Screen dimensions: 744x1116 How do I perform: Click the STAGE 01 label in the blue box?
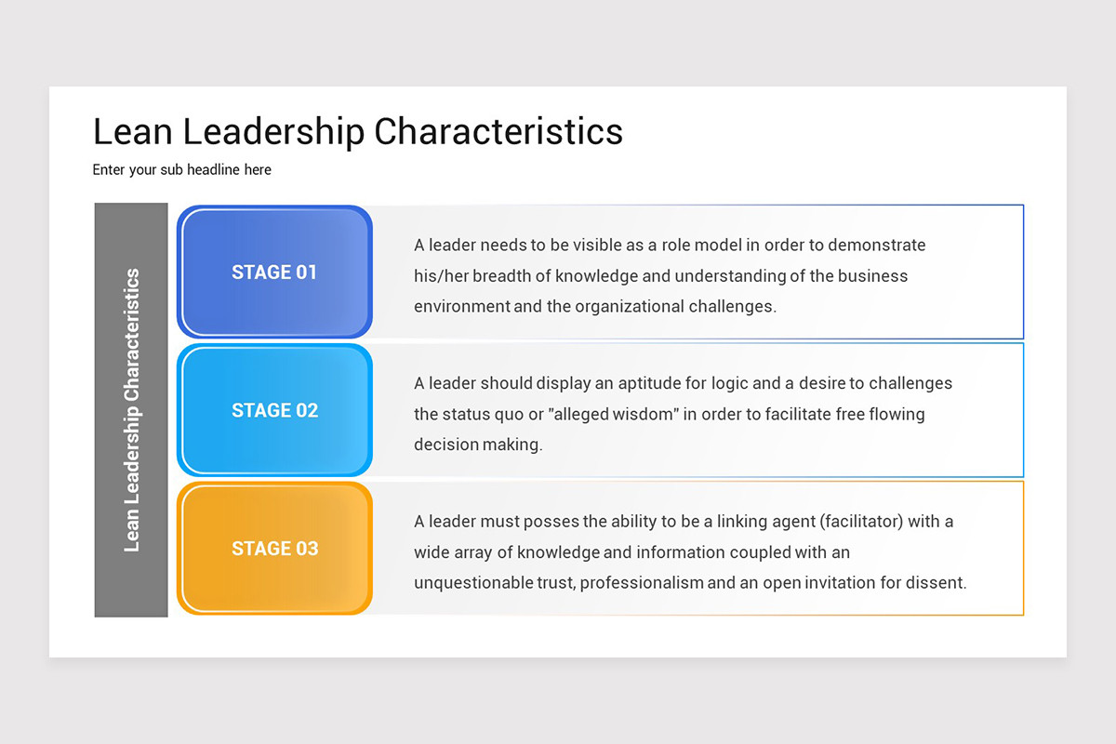pos(274,272)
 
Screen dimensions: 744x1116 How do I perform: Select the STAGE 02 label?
pos(274,410)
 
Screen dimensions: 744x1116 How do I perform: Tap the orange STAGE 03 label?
pos(274,549)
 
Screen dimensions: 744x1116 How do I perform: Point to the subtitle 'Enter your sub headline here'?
pos(182,170)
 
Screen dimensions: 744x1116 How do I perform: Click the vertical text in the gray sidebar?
pos(132,409)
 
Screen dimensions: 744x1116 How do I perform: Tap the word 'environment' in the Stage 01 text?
pos(462,306)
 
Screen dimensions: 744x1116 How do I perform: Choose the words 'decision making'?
pos(478,445)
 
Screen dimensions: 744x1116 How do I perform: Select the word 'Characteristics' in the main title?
pos(498,131)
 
